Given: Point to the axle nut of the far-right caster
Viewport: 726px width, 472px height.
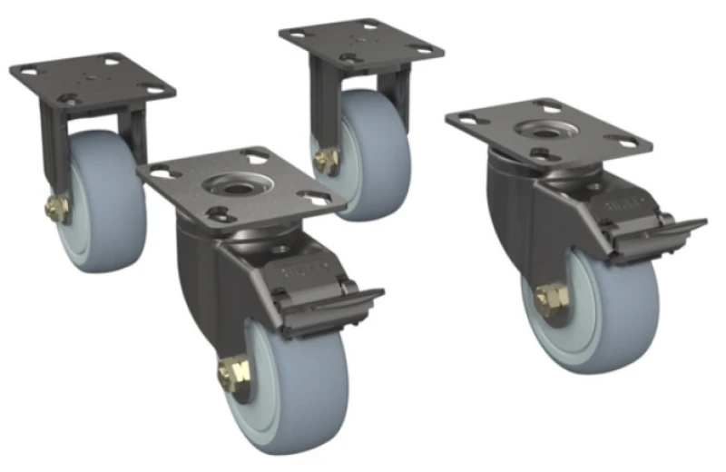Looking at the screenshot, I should [551, 300].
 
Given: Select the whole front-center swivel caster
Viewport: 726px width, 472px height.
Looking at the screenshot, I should [263, 290].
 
